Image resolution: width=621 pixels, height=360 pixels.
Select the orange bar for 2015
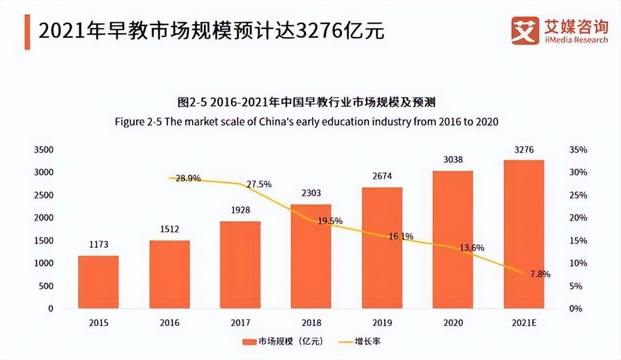click(x=98, y=282)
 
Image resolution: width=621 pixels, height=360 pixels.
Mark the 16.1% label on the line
click(x=401, y=236)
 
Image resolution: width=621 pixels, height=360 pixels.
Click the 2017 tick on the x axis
click(x=240, y=323)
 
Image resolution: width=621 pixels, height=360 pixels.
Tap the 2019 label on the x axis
click(x=382, y=323)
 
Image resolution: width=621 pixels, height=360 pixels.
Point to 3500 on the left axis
click(x=44, y=150)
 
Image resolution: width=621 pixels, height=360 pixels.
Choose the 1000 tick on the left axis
click(x=44, y=263)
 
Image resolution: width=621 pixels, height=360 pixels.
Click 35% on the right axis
click(x=578, y=150)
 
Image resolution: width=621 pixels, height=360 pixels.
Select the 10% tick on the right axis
click(x=578, y=263)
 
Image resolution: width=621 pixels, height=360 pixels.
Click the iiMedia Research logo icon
click(x=525, y=30)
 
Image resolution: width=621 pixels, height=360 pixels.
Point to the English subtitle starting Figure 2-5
click(x=307, y=121)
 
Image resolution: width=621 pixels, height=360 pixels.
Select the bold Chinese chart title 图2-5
click(x=307, y=102)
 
